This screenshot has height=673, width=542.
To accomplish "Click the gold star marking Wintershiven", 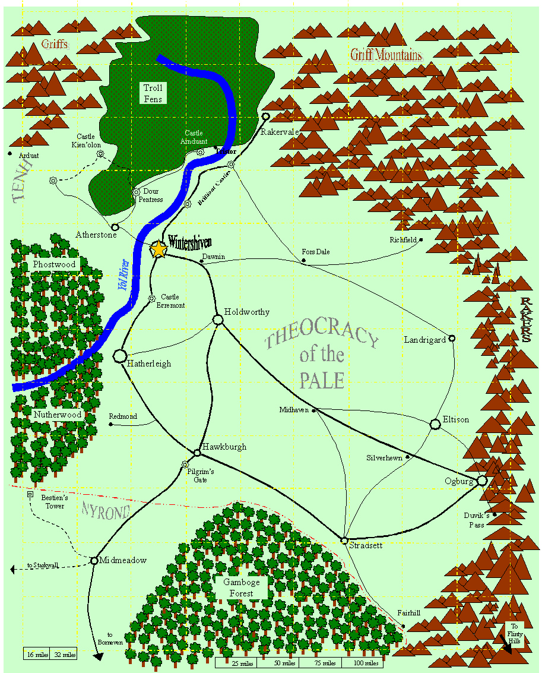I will pyautogui.click(x=159, y=249).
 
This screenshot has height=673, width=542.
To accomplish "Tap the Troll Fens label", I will pyautogui.click(x=153, y=93).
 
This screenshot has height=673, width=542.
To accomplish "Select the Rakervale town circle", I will pyautogui.click(x=266, y=116).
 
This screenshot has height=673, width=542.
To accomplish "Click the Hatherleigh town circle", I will pyautogui.click(x=119, y=356).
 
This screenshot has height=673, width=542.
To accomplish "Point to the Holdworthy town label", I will pyautogui.click(x=246, y=312).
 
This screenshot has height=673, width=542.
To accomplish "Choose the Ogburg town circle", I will pyautogui.click(x=481, y=480).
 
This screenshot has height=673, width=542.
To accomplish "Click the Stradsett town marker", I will pyautogui.click(x=344, y=540).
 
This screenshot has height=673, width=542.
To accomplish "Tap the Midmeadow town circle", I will pyautogui.click(x=94, y=560).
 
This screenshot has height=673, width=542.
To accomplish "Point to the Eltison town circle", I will pyautogui.click(x=435, y=424).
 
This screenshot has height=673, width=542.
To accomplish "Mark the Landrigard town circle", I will pyautogui.click(x=452, y=338).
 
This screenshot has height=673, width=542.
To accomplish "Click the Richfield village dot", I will pyautogui.click(x=421, y=240).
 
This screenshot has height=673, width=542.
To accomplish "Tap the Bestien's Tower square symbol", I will pyautogui.click(x=30, y=494).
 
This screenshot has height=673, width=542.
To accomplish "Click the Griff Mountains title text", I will pyautogui.click(x=386, y=55).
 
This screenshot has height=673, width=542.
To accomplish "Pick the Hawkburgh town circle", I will pyautogui.click(x=197, y=453).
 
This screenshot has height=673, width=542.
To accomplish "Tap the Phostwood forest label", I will pyautogui.click(x=55, y=264).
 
